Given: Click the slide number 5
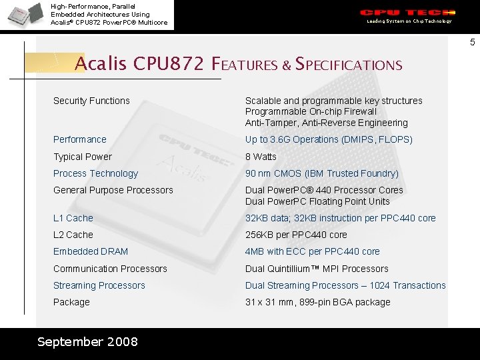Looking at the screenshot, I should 472,43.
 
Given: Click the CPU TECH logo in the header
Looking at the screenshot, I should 407,13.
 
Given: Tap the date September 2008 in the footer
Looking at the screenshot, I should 87,342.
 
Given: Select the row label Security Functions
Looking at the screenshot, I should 91,101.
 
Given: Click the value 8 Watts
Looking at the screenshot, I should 261,157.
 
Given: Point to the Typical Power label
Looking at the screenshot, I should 83,157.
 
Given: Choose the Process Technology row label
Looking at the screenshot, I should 95,173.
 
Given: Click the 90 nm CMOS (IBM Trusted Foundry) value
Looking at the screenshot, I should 322,173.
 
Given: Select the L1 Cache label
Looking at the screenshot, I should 73,218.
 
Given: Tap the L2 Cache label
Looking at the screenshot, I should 73,235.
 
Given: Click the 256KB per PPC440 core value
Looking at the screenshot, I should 296,235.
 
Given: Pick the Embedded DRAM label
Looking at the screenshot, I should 91,251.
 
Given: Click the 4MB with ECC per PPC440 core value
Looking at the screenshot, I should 313,251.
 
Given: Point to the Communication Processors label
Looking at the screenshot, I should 110,269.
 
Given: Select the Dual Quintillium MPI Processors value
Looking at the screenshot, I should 317,269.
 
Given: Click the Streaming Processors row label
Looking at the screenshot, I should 99,285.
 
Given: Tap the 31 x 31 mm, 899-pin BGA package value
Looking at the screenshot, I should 318,302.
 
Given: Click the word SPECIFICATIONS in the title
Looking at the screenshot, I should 349,65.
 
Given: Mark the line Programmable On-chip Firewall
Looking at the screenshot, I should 311,111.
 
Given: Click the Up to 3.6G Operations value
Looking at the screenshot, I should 329,139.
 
